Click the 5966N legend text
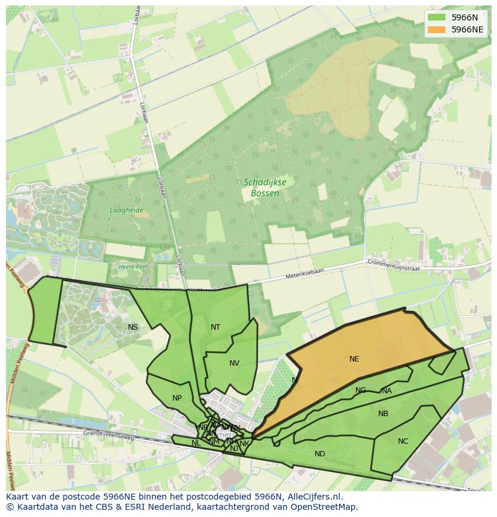pyautogui.click(x=465, y=17)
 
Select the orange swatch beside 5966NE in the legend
pyautogui.click(x=437, y=29)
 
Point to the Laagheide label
pyautogui.click(x=126, y=210)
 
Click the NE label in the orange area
pyautogui.click(x=354, y=359)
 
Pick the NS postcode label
pyautogui.click(x=133, y=327)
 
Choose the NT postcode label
pyautogui.click(x=215, y=327)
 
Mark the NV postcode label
pyautogui.click(x=234, y=363)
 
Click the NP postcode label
pyautogui.click(x=177, y=398)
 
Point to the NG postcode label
pyautogui.click(x=361, y=390)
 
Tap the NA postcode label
pyautogui.click(x=387, y=391)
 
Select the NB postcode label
pyautogui.click(x=383, y=414)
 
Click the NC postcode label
pyautogui.click(x=403, y=441)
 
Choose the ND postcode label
pyautogui.click(x=320, y=454)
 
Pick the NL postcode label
pyautogui.click(x=196, y=443)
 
